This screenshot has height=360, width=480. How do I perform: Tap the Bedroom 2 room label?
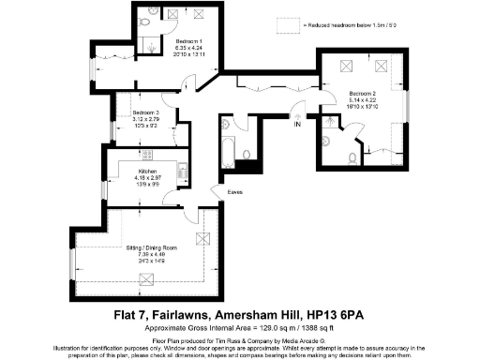coord(364,96)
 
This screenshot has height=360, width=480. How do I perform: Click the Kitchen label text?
coord(147,172)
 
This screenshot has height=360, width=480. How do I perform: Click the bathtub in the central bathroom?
coord(229,148)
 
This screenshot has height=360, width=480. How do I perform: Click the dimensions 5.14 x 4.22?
coord(364,102)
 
